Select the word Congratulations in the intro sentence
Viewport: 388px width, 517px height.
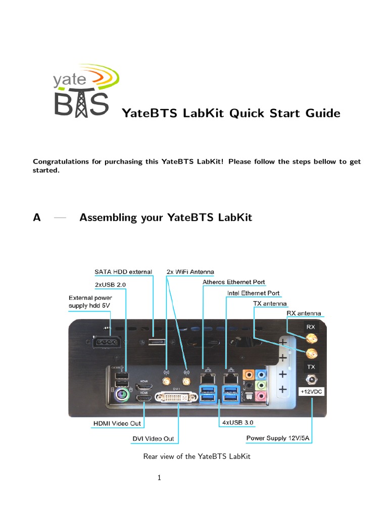[x=63, y=162]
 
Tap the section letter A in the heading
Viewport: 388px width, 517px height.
[x=36, y=218]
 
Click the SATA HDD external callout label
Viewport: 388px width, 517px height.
[x=123, y=272]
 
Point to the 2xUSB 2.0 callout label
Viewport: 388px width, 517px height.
[x=110, y=284]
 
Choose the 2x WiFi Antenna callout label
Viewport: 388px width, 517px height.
[x=190, y=272]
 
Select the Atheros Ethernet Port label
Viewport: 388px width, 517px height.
[x=233, y=282]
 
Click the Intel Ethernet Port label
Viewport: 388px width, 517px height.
[x=253, y=293]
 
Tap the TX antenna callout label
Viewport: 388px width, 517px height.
[x=269, y=304]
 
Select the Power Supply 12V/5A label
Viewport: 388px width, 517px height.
[x=278, y=438]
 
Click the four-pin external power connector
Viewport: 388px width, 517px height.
[x=106, y=342]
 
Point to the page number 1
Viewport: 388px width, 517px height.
[x=159, y=478]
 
